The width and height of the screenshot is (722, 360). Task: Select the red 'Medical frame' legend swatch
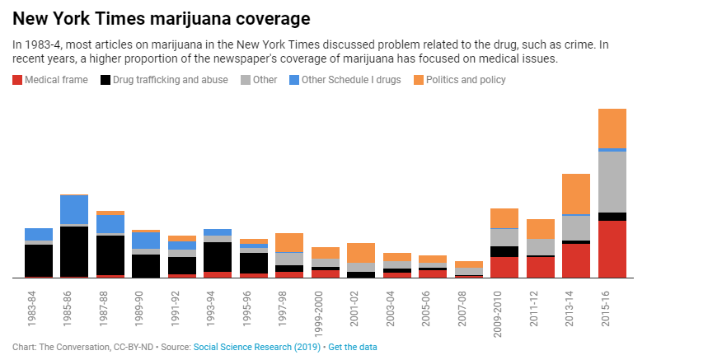[17, 80]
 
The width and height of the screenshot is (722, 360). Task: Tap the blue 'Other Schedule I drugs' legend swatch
[293, 80]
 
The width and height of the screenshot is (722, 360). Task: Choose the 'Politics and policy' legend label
[466, 80]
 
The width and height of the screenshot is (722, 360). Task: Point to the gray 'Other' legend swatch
[246, 80]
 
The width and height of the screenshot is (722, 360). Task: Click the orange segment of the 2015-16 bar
[612, 128]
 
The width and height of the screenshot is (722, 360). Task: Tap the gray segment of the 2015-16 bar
[612, 181]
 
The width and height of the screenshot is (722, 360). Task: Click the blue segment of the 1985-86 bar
[74, 209]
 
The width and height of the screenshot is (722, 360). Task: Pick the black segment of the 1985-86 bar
[74, 251]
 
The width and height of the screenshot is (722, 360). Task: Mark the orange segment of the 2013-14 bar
[576, 194]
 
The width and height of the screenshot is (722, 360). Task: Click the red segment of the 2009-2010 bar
[504, 267]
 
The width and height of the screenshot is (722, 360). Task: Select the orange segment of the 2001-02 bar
[361, 253]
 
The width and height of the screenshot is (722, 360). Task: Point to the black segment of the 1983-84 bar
[39, 260]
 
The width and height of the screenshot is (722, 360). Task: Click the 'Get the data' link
[353, 348]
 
